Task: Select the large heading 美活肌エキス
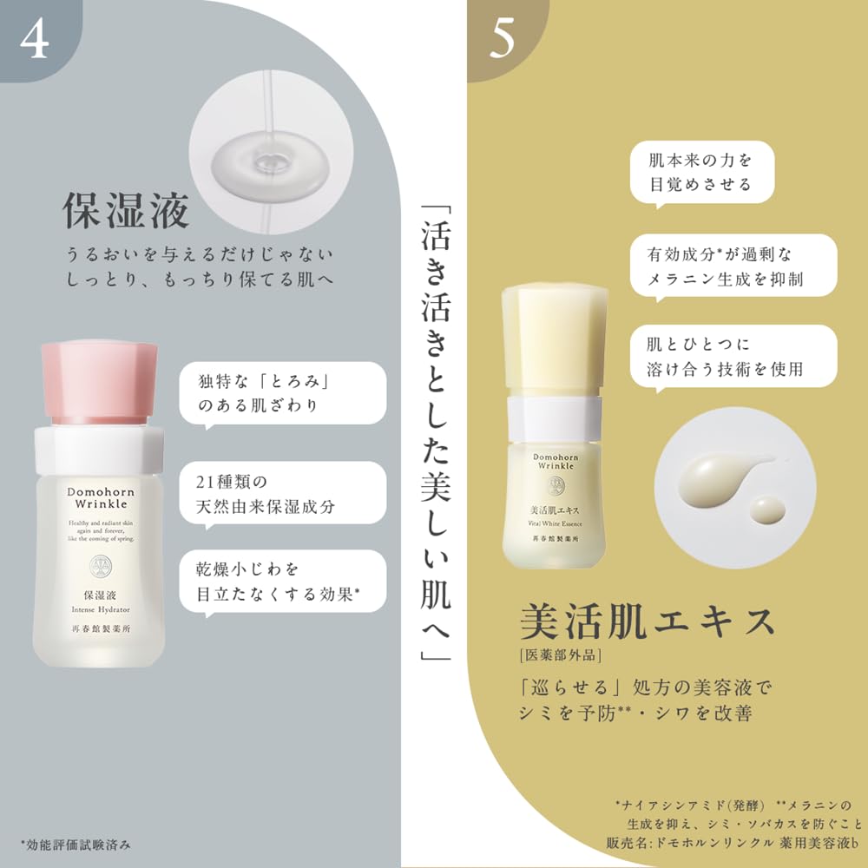pyautogui.click(x=647, y=624)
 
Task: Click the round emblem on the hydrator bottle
pyautogui.click(x=100, y=569)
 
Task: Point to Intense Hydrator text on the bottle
pyautogui.click(x=100, y=610)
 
